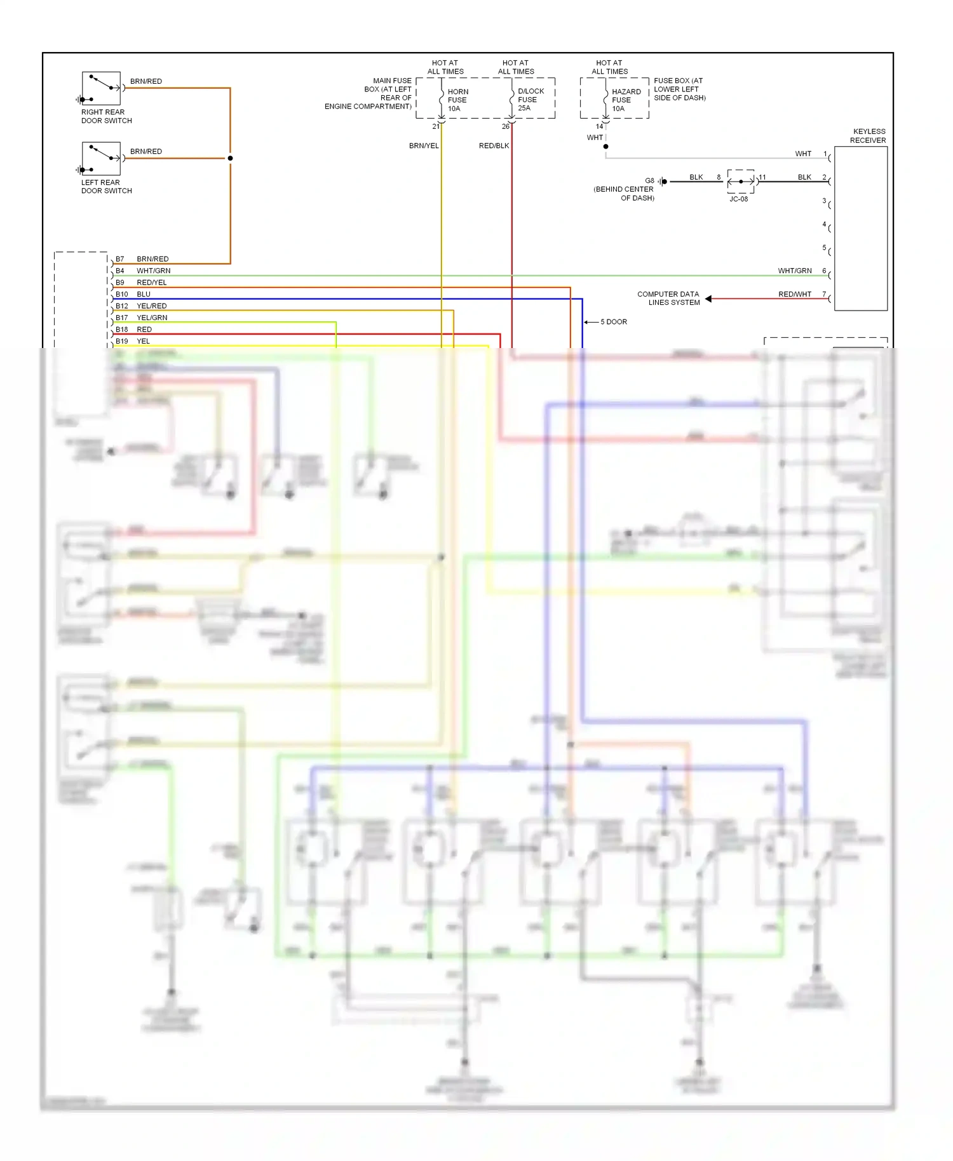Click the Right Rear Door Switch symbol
tap(101, 88)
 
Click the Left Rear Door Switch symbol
tap(101, 159)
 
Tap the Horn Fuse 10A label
tap(457, 100)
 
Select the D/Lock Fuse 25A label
tap(530, 100)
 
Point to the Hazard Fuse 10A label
tap(626, 100)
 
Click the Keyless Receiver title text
tap(868, 136)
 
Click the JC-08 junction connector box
tap(741, 182)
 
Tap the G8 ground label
tap(649, 181)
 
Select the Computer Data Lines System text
tap(669, 299)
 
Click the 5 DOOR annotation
tap(613, 322)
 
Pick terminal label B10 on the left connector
tap(121, 294)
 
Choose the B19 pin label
tap(121, 341)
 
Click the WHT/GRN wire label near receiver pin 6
tap(794, 271)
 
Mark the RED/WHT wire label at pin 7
tap(794, 294)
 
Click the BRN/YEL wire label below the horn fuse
tap(423, 146)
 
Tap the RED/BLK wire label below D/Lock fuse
tap(494, 146)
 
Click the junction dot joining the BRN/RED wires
tap(230, 158)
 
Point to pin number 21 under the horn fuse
tap(436, 126)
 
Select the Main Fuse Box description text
tap(368, 93)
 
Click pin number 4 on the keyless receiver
tap(824, 224)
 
